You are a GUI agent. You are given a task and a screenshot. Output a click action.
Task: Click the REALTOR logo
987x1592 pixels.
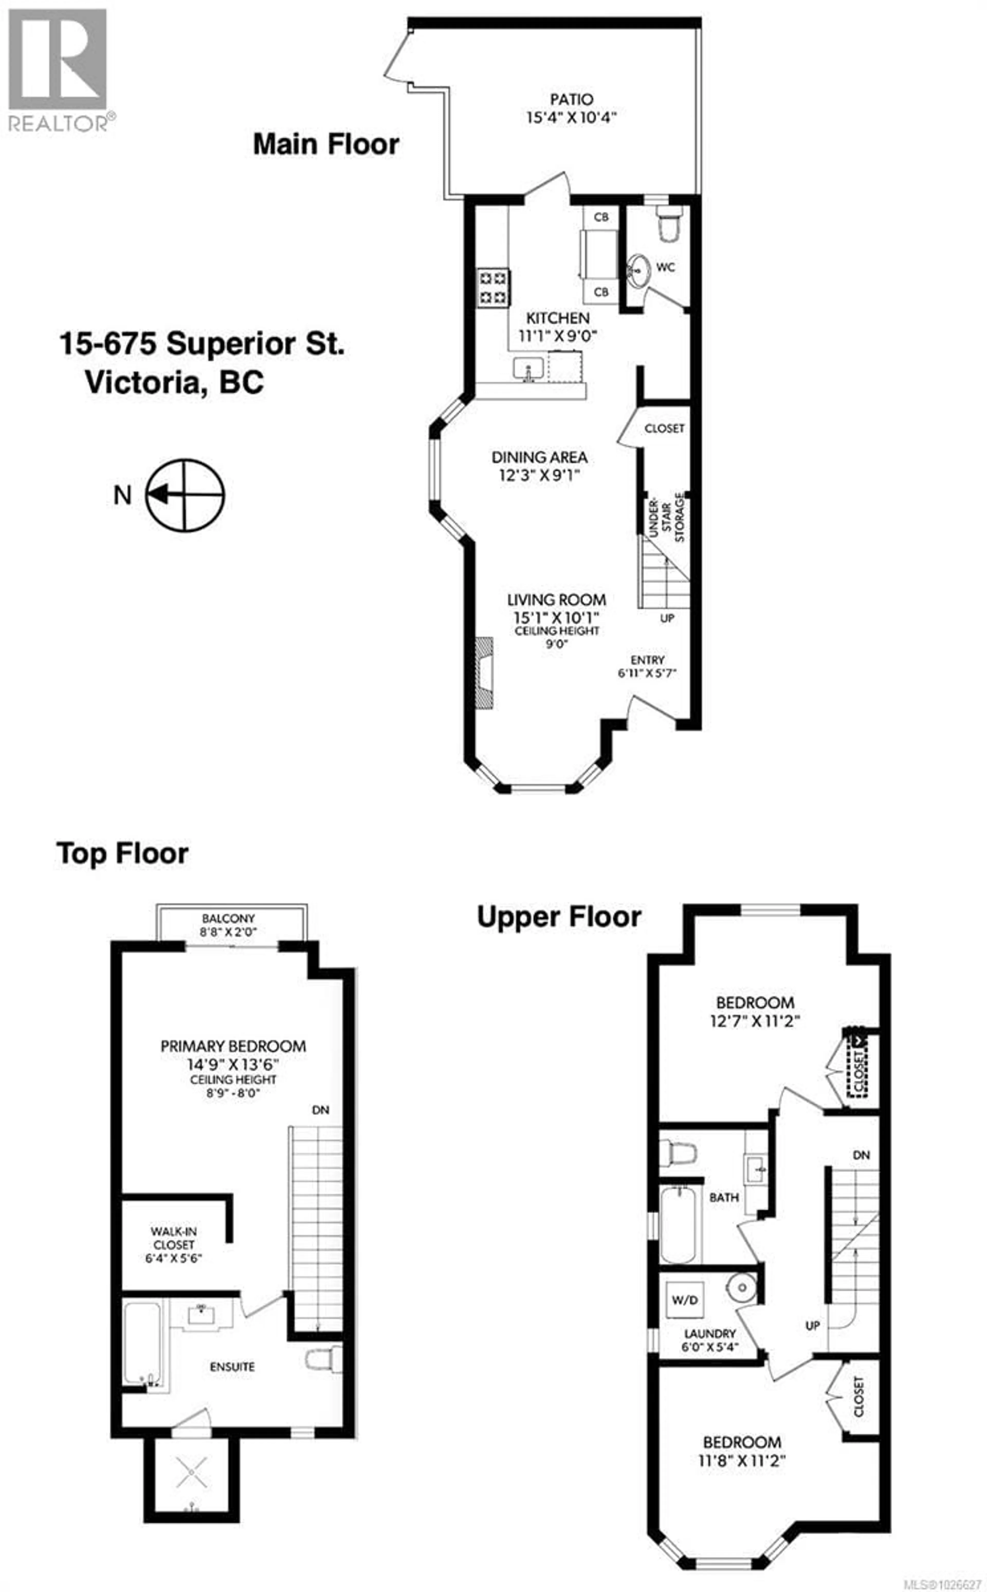click(x=57, y=69)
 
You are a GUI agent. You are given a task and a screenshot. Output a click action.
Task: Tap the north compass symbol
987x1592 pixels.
click(x=185, y=495)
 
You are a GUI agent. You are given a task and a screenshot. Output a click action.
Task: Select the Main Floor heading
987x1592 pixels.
click(x=326, y=144)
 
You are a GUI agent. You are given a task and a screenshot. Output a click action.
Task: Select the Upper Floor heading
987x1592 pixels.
click(x=559, y=917)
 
